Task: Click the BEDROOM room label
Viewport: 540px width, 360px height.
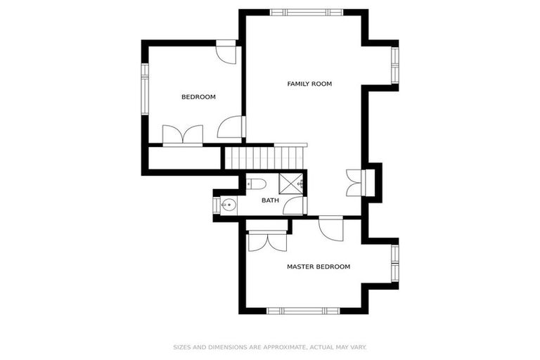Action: pos(198,97)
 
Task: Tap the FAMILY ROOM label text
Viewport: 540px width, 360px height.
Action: pos(309,84)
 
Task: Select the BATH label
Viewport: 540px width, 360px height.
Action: pos(270,200)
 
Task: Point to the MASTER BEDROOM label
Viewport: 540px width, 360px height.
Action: pos(318,266)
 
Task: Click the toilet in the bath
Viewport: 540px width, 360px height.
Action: pos(257,184)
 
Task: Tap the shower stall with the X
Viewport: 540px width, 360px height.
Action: pos(290,183)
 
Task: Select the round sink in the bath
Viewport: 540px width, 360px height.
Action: pos(229,205)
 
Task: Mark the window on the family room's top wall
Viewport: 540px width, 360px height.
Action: pos(307,12)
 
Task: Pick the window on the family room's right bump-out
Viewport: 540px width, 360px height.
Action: pos(395,64)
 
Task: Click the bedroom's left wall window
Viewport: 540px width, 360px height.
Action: pos(145,90)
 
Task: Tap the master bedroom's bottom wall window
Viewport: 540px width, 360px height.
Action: pos(303,310)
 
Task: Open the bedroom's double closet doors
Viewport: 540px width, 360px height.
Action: pos(183,135)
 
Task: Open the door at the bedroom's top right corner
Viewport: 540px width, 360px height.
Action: pos(226,53)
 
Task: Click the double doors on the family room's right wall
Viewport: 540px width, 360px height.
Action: pos(354,182)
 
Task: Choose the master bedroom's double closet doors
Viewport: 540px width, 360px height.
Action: pos(268,239)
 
